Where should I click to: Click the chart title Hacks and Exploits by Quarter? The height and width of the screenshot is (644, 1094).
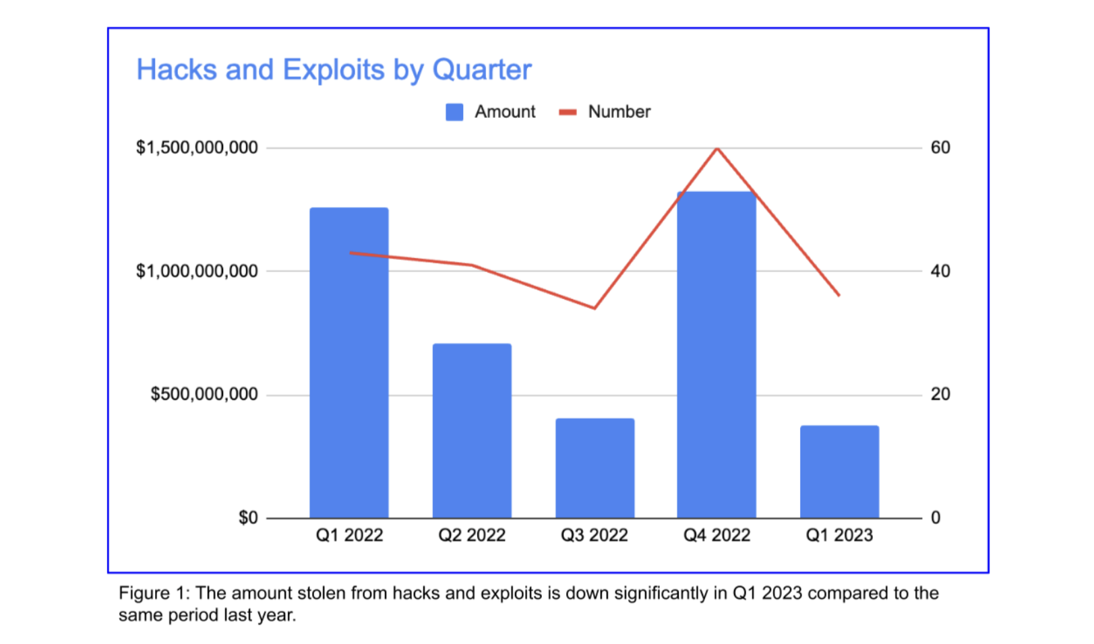[x=334, y=69]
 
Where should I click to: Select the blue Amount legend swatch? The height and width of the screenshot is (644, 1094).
[x=454, y=112]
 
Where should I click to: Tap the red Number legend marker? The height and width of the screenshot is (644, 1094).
[x=568, y=112]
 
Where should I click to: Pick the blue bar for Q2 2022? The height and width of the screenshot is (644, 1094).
[x=472, y=431]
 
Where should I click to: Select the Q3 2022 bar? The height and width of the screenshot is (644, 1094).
[x=595, y=468]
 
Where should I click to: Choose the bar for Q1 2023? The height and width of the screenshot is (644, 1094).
[x=839, y=472]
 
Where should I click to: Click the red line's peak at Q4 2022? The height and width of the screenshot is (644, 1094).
[x=717, y=148]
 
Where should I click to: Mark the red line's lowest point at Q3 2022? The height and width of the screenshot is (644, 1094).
[x=595, y=308]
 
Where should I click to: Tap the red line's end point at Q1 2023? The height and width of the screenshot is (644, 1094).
[x=839, y=295]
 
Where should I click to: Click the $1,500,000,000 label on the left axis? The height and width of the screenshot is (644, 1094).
[x=197, y=148]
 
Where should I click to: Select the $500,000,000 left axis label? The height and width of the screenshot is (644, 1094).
[x=204, y=394]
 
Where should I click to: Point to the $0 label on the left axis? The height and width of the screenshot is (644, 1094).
[x=248, y=517]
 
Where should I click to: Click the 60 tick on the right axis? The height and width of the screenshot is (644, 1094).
[x=940, y=148]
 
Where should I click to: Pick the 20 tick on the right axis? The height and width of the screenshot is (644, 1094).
[x=940, y=394]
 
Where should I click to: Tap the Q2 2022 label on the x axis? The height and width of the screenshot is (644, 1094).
[x=472, y=535]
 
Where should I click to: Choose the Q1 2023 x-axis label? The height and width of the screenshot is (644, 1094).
[x=839, y=535]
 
